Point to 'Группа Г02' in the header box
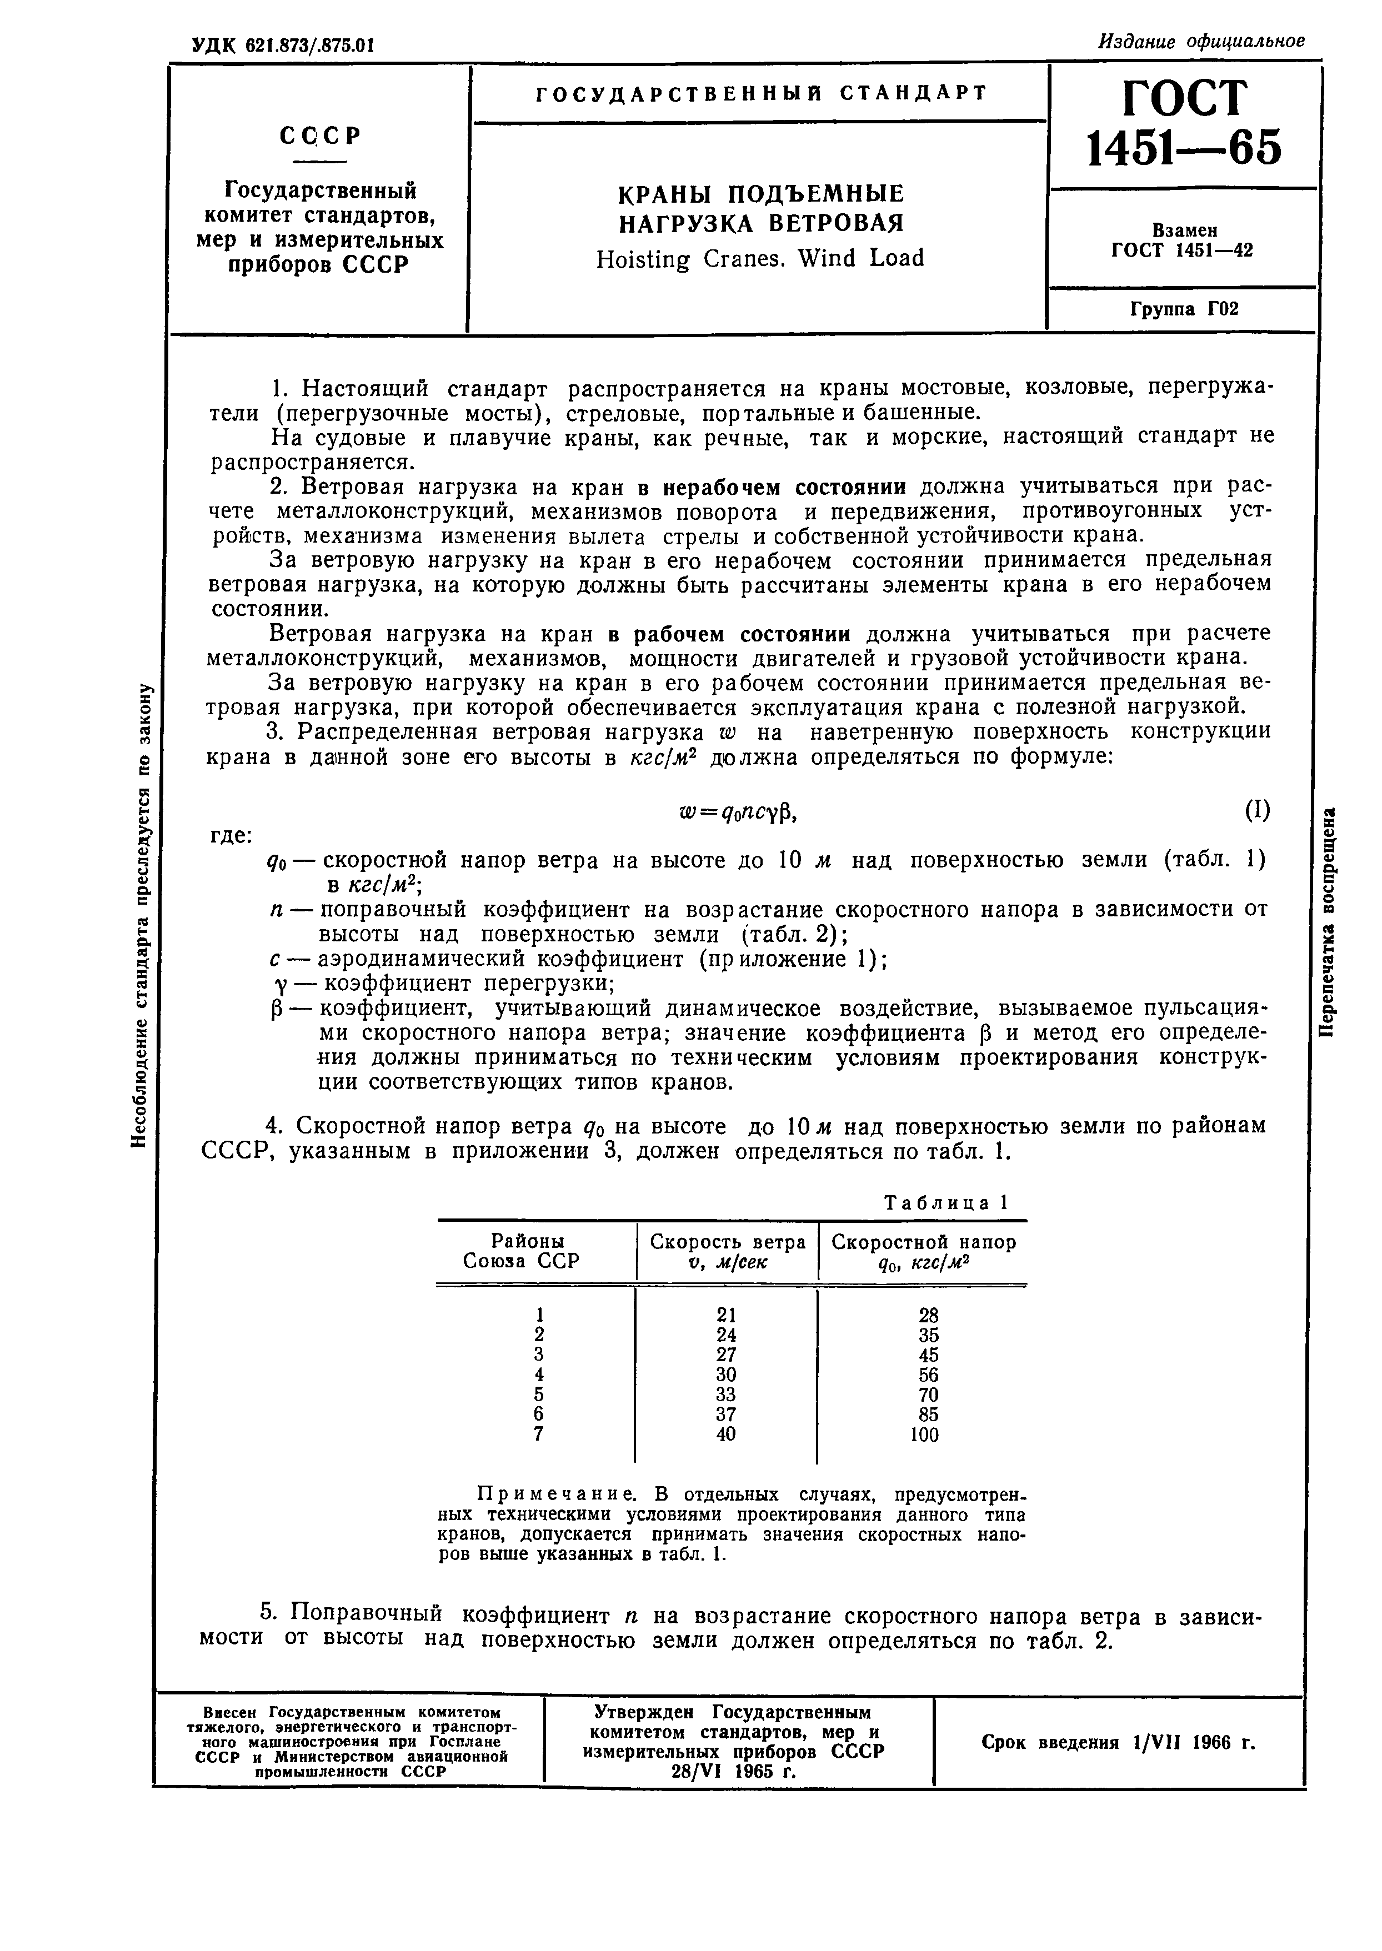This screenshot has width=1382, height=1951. pos(1184,309)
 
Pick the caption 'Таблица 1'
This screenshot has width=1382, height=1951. pos(945,1202)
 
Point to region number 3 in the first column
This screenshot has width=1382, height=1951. pos(538,1353)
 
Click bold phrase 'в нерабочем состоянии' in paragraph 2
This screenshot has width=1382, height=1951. pos(772,487)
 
